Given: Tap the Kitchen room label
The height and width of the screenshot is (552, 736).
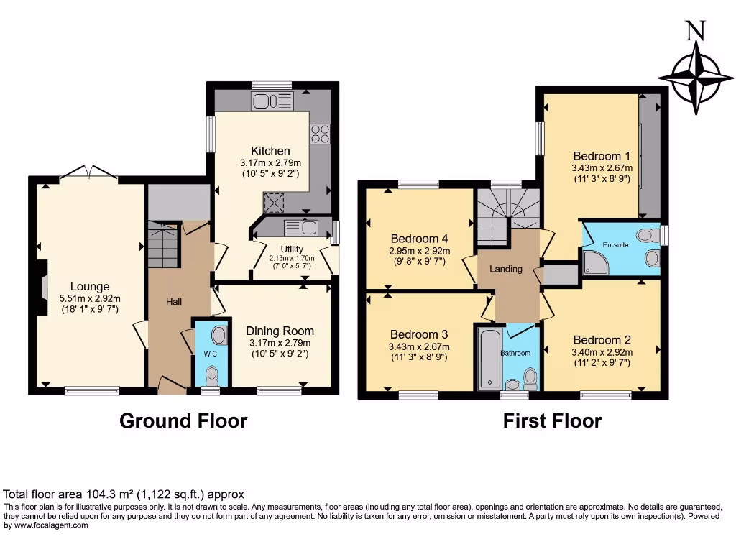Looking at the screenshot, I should (270, 151).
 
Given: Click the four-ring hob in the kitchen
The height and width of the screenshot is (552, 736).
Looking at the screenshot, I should (320, 134).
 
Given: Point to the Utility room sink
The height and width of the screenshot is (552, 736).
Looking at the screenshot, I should (302, 228).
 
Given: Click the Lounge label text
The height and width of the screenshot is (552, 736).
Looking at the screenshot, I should (89, 286).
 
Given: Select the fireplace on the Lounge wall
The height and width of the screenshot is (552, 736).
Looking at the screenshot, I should (43, 287).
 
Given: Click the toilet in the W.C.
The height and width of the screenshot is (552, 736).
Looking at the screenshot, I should (211, 374).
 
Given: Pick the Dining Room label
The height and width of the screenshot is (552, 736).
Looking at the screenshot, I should (280, 331).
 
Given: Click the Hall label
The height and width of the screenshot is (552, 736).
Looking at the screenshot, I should (174, 303).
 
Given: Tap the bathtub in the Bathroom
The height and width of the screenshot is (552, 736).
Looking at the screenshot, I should (489, 358).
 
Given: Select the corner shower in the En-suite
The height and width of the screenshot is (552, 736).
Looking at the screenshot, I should (596, 263).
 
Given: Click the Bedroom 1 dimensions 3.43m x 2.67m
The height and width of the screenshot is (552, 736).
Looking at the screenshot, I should (601, 169).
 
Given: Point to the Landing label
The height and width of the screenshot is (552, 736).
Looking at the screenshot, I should (506, 269).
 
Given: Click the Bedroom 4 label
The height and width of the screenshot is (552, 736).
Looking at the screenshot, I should (420, 239).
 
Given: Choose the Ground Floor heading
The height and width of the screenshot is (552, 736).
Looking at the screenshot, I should (183, 420).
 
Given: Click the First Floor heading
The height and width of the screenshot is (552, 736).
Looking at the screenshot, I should (552, 420).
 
